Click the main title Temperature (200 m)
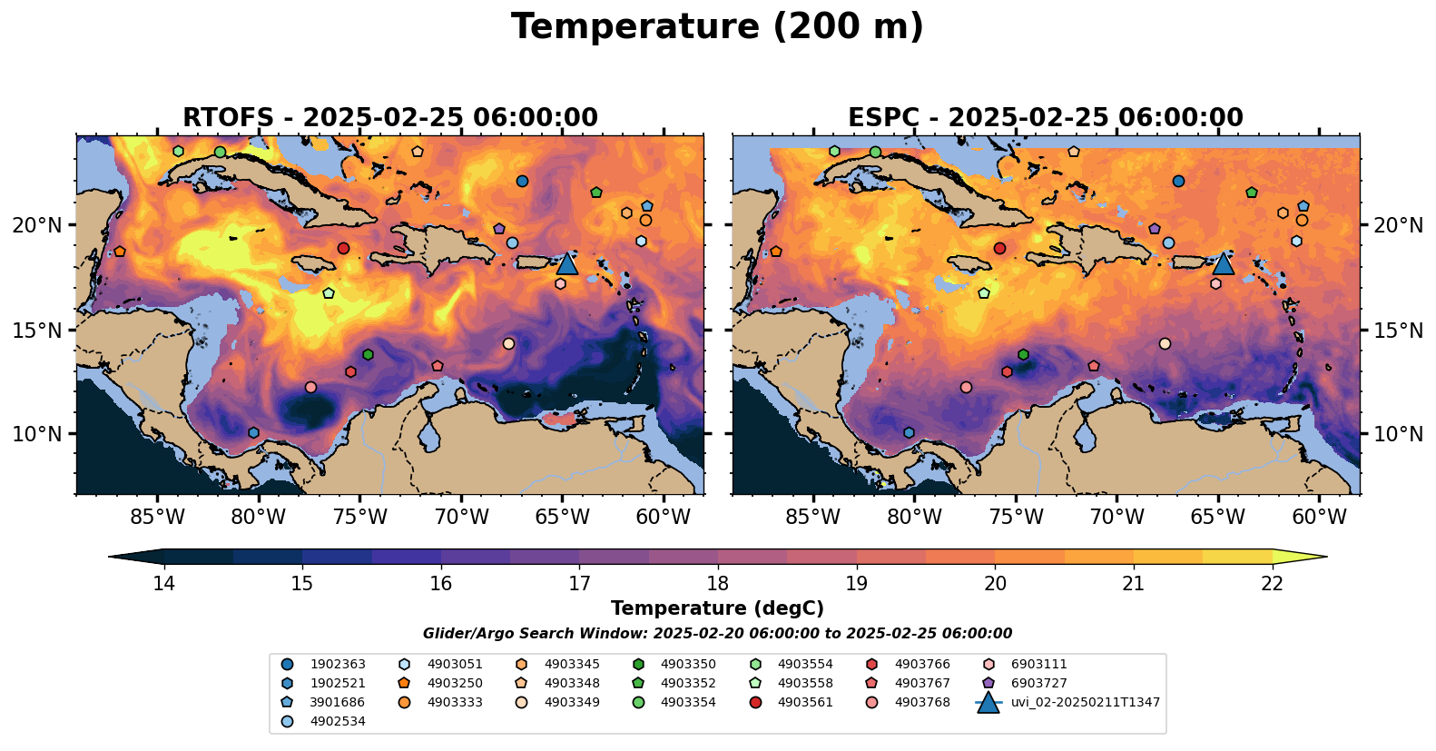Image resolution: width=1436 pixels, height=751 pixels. coord(717,27)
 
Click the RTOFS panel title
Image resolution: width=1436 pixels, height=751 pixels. coord(390,118)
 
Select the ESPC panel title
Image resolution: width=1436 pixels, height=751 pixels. coord(1046,118)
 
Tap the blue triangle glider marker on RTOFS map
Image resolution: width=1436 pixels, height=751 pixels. coord(567,263)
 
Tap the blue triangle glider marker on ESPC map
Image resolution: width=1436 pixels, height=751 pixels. coord(1224,263)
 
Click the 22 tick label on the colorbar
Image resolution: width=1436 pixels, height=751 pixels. coord(1273,583)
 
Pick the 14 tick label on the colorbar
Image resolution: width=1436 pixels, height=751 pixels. coord(163,583)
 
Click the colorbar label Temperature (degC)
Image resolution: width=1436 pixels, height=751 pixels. coord(717,608)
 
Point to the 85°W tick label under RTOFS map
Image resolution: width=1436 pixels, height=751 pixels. coord(157,518)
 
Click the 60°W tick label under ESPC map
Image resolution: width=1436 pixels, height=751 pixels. coord(1319,518)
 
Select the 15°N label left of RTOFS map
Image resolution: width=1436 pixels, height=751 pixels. coord(37,330)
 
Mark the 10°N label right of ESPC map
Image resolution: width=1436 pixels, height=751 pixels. coord(1398,434)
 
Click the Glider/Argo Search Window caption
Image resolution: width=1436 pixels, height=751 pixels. coord(717,634)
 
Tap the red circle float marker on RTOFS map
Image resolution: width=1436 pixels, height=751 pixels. coord(344,248)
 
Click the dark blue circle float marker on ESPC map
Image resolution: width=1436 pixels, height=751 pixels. coord(1178,182)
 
